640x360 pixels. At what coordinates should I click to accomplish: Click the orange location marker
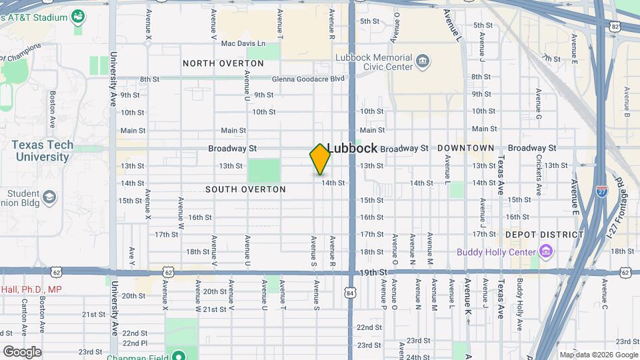[321, 159]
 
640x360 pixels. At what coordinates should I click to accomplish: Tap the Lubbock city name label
[353, 148]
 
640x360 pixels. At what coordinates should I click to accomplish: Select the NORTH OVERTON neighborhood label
[223, 63]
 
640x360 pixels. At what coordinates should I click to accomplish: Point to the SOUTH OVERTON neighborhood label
[245, 189]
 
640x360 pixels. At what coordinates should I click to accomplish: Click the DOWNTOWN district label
[466, 148]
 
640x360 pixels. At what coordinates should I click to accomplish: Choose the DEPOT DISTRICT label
[544, 234]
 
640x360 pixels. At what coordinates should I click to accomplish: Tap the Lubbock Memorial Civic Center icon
[423, 62]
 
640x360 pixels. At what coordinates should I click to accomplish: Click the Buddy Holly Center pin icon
[546, 251]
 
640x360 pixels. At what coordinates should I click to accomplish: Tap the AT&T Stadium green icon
[79, 15]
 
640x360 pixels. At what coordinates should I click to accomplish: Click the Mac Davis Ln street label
[243, 44]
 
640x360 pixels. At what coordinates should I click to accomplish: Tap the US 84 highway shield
[350, 291]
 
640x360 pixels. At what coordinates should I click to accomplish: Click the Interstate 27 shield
[602, 190]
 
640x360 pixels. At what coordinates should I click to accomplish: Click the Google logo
[22, 351]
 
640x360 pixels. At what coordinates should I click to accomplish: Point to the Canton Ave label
[24, 317]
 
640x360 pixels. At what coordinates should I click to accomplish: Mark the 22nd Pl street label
[135, 342]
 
